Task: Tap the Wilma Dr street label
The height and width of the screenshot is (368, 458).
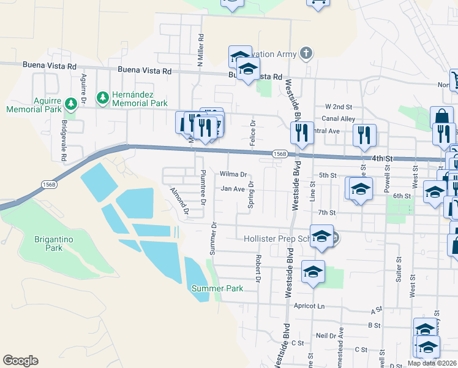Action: click(233, 174)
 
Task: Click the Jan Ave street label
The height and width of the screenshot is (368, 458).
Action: click(233, 189)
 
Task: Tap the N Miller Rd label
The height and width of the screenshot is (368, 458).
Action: click(200, 50)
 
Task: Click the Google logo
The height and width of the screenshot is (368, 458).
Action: click(20, 361)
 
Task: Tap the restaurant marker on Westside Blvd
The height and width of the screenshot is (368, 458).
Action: click(301, 134)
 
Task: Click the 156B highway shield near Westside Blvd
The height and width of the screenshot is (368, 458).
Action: click(279, 154)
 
